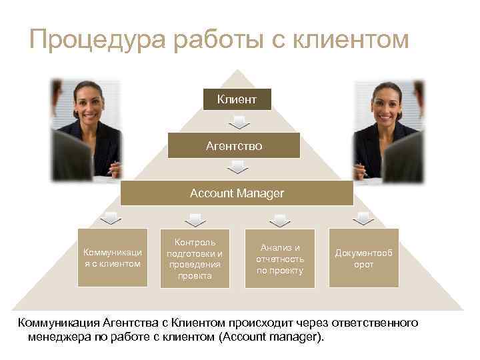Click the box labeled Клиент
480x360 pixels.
(236, 99)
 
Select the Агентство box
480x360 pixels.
(239, 145)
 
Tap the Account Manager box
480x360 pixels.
(237, 193)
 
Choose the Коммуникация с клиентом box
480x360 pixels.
(112, 257)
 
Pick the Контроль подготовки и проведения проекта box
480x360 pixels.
(195, 257)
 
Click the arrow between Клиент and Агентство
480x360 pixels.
(238, 123)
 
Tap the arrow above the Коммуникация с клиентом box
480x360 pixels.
(111, 218)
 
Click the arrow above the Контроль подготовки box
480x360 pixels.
(195, 218)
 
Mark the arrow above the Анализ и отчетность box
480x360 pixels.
(280, 218)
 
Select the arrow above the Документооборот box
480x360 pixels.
(363, 218)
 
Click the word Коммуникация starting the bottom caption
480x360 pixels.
(61, 323)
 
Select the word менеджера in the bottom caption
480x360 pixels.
(60, 337)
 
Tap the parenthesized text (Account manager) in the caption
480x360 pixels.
(272, 337)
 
